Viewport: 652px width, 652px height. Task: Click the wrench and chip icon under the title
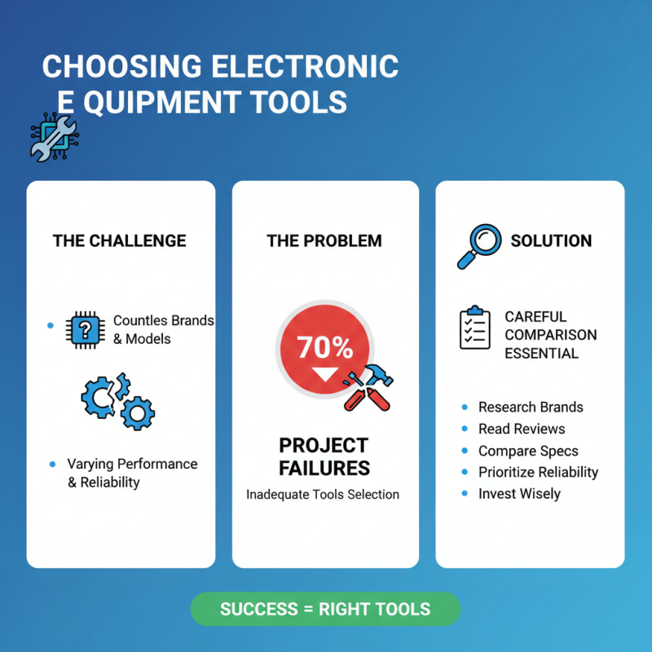pyautogui.click(x=52, y=137)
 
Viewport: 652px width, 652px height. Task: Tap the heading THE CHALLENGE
pyautogui.click(x=119, y=240)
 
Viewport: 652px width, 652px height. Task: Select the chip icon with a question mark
pyautogui.click(x=84, y=328)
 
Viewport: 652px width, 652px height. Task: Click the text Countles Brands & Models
pyautogui.click(x=162, y=329)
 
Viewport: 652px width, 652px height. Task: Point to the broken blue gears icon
pyautogui.click(x=117, y=400)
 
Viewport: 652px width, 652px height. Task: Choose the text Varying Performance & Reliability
pyautogui.click(x=131, y=473)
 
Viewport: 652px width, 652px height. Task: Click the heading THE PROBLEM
pyautogui.click(x=324, y=240)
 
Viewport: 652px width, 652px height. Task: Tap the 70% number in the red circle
pyautogui.click(x=324, y=348)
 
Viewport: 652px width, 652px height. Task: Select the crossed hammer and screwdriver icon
pyautogui.click(x=367, y=387)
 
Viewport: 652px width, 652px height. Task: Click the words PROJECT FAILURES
pyautogui.click(x=324, y=456)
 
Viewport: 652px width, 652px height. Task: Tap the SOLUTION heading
pyautogui.click(x=551, y=240)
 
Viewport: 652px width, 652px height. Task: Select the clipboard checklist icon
pyautogui.click(x=475, y=328)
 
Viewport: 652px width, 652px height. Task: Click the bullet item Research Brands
pyautogui.click(x=530, y=407)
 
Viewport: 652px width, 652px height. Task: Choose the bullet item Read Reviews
pyautogui.click(x=521, y=429)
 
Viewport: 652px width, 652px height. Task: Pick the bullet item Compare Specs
pyautogui.click(x=527, y=451)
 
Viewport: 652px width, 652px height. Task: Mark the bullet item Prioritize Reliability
pyautogui.click(x=538, y=472)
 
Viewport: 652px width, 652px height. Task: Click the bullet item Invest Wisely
pyautogui.click(x=519, y=494)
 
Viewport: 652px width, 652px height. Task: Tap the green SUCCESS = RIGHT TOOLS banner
pyautogui.click(x=325, y=609)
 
